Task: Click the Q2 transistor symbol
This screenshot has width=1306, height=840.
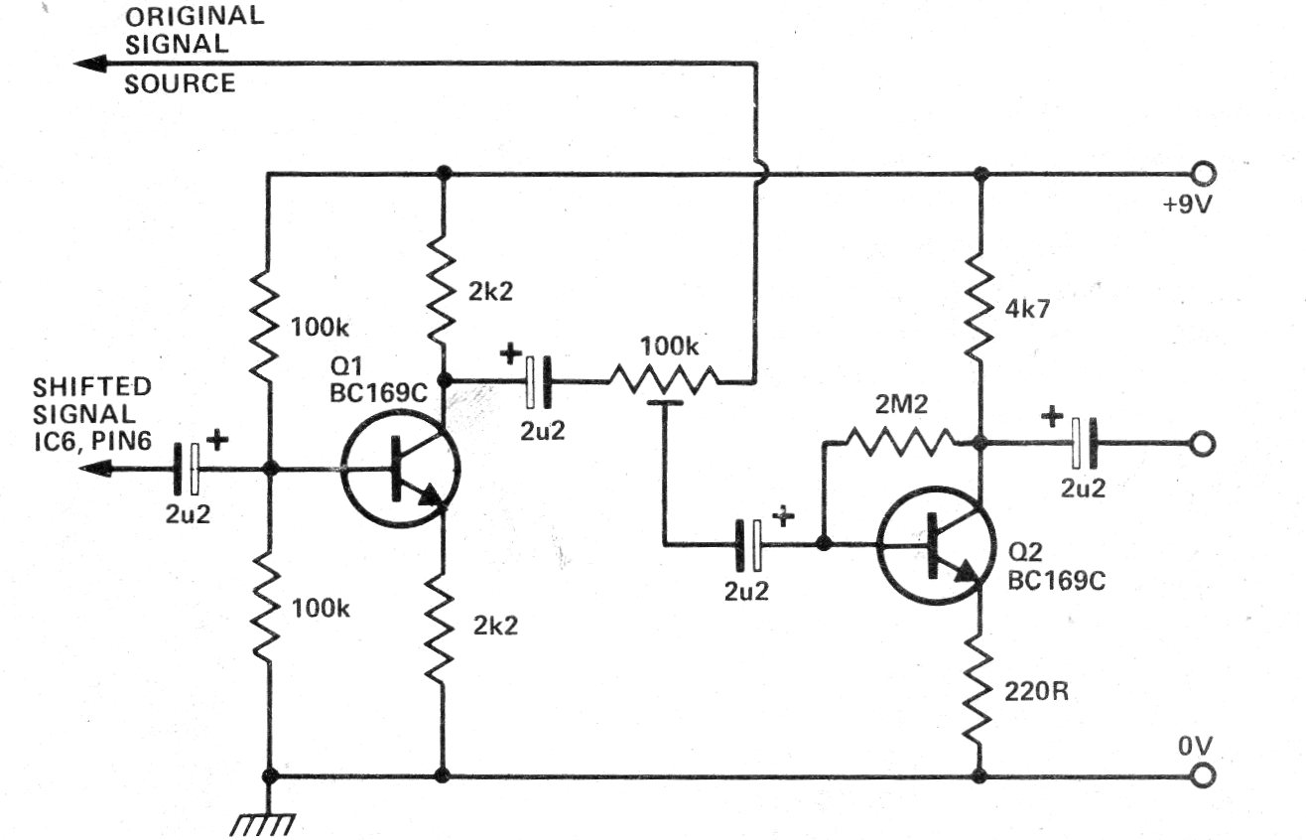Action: (936, 545)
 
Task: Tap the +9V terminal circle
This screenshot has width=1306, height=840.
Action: (1205, 175)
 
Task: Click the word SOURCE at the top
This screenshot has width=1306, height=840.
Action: (180, 83)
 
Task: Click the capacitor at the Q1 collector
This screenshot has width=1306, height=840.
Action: (535, 380)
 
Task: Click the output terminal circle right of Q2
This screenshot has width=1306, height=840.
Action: (1203, 444)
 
